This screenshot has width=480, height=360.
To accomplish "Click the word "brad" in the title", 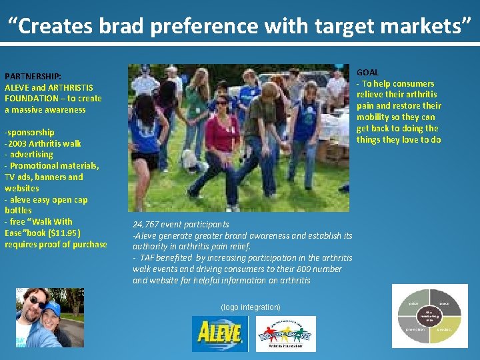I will (123, 26).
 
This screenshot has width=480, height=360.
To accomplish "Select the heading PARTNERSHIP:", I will (33, 76).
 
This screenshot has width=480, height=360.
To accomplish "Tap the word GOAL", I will (367, 72).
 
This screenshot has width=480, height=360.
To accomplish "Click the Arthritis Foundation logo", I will (285, 333).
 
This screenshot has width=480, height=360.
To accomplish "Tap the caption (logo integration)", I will (250, 307).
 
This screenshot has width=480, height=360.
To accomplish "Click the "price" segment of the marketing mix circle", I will (414, 303).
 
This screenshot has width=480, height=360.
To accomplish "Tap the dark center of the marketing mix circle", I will (429, 316).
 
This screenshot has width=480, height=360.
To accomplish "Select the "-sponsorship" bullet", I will (29, 132).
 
